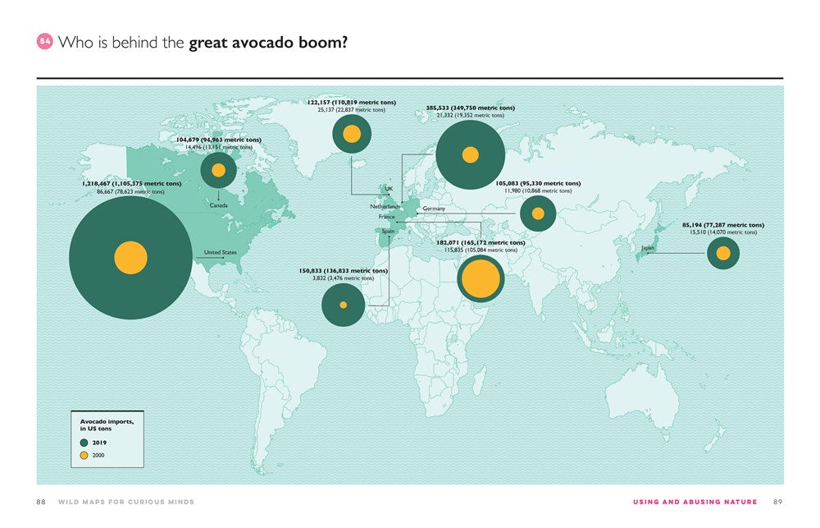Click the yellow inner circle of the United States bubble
130,258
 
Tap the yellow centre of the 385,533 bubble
470,154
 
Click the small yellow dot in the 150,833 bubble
344,305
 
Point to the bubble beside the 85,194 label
723,254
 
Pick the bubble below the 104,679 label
218,171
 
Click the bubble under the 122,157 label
352,135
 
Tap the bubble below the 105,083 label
538,213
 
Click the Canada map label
218,204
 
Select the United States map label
220,252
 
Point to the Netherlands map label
385,206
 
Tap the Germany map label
434,209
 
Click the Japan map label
647,247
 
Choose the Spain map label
388,232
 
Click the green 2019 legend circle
84,443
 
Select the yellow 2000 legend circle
84,455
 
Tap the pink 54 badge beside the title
45,42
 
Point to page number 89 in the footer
778,502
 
